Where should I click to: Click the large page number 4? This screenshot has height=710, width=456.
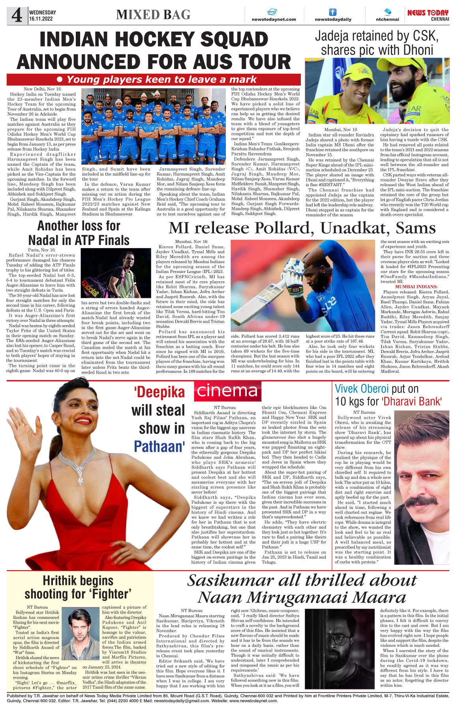click(17, 15)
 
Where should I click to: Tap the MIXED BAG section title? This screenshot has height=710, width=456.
click(153, 15)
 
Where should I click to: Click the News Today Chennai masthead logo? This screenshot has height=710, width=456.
click(428, 15)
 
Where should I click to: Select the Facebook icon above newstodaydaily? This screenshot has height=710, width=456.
click(333, 12)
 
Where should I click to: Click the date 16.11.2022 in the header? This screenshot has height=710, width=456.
click(41, 19)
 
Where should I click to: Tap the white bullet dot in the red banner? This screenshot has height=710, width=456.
click(60, 80)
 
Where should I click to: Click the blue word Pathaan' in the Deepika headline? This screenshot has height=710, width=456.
click(159, 447)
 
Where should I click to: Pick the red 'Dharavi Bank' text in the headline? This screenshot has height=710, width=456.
click(411, 402)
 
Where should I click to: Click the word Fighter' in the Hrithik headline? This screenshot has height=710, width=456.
click(110, 594)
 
